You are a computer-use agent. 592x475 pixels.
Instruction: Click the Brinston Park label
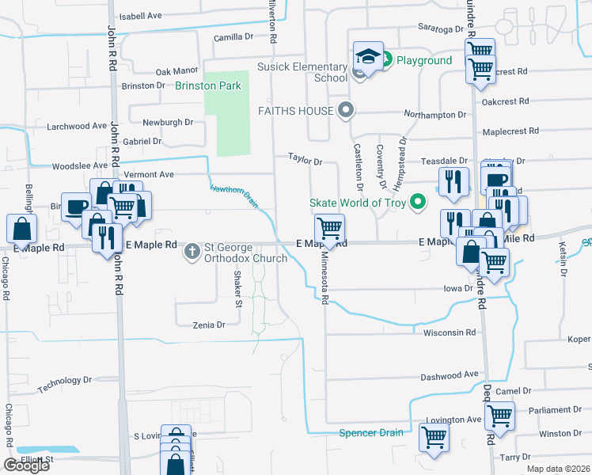click(207, 85)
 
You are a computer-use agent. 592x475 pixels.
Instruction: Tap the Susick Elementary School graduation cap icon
click(368, 56)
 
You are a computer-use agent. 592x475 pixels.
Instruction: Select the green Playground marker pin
click(388, 59)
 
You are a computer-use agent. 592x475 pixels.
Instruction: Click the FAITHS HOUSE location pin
click(344, 110)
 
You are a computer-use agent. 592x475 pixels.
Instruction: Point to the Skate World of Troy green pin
click(420, 203)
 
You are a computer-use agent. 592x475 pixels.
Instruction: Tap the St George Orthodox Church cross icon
click(192, 252)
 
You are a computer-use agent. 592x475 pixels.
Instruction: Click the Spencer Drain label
click(371, 432)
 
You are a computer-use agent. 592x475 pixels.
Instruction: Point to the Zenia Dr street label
click(209, 325)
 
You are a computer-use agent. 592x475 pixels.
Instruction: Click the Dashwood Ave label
click(450, 374)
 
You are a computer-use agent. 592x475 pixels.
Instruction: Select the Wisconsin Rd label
click(450, 332)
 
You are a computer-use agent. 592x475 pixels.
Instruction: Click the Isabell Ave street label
click(140, 15)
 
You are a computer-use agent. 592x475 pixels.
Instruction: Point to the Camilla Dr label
click(233, 36)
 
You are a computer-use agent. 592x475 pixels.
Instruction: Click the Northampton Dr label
click(435, 115)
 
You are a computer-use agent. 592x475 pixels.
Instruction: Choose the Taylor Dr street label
click(305, 161)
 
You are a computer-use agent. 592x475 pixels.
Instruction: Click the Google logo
click(26, 465)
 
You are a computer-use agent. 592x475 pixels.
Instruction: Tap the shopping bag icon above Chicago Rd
click(21, 229)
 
